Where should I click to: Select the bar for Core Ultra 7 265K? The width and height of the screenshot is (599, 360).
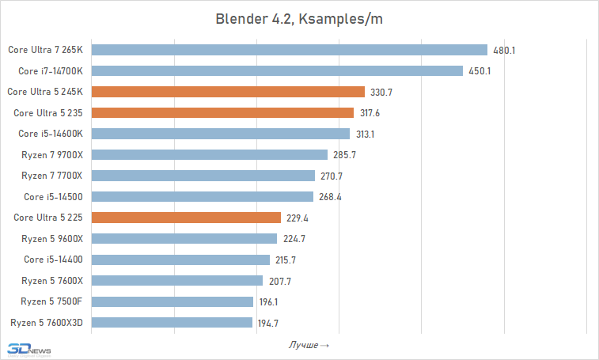(290, 50)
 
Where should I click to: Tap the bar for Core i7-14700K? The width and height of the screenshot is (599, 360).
(277, 71)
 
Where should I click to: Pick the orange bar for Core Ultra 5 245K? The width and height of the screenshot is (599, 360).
(228, 92)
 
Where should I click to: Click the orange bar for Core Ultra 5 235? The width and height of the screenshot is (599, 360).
(223, 113)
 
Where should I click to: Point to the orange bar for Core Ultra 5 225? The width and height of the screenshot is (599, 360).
(187, 218)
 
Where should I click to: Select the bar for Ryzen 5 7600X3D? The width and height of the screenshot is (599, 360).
(172, 323)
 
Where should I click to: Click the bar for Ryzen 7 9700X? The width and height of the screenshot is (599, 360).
(210, 155)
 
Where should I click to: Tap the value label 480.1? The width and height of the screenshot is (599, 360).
(504, 50)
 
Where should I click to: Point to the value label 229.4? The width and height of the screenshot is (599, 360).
(297, 218)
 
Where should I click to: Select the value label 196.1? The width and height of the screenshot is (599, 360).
(269, 301)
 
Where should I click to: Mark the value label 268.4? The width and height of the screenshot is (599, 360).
(329, 197)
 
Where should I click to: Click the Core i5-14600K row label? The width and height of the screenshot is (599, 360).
(51, 134)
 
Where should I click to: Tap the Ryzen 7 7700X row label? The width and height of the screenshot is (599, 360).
(51, 176)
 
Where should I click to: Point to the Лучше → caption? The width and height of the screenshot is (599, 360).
(309, 345)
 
